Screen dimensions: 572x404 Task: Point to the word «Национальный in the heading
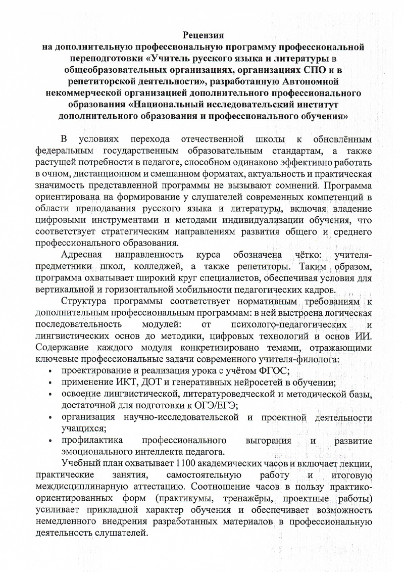pyautogui.click(x=167, y=104)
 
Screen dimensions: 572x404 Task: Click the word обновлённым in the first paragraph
pyautogui.click(x=342, y=139)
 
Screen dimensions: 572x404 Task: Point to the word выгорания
pyautogui.click(x=266, y=440)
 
